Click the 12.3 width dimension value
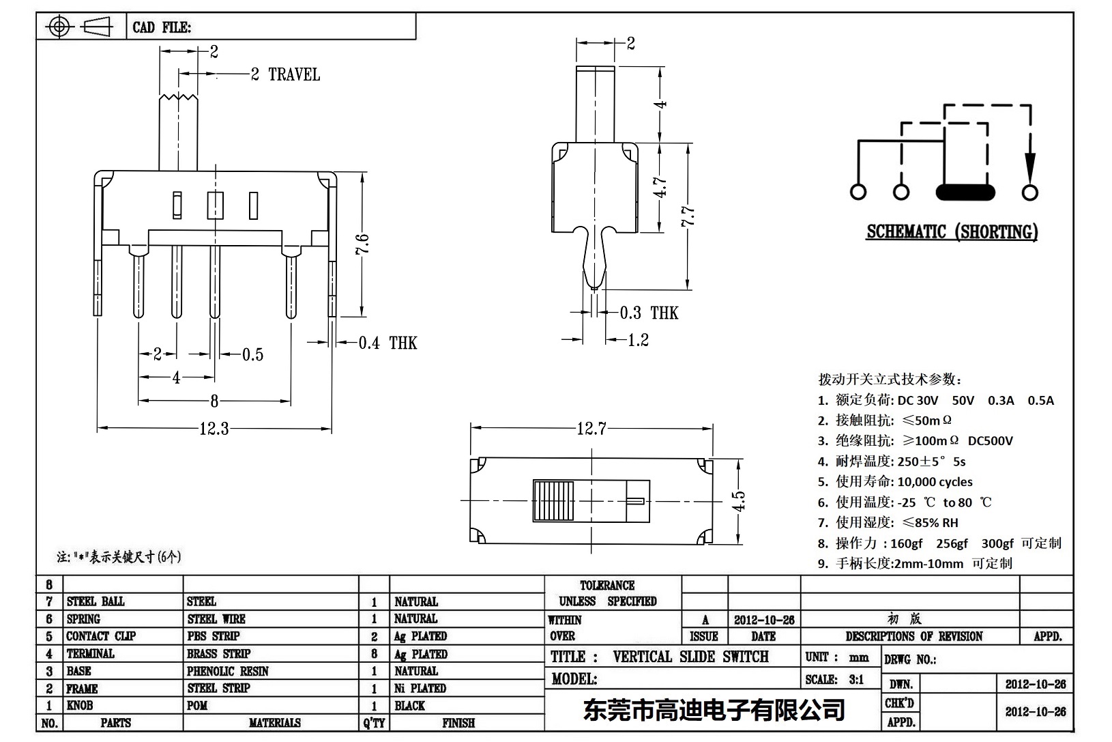(214, 429)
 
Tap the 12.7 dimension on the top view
(591, 429)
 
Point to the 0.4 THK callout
(387, 343)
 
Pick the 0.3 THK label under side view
(649, 313)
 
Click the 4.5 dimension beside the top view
(738, 502)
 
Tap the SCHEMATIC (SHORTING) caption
(952, 232)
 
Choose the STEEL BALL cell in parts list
(96, 601)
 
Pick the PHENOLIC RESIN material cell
(228, 671)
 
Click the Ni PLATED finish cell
(420, 688)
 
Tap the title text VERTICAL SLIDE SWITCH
(690, 657)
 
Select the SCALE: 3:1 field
(834, 679)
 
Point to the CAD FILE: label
(162, 27)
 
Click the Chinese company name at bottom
(714, 710)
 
